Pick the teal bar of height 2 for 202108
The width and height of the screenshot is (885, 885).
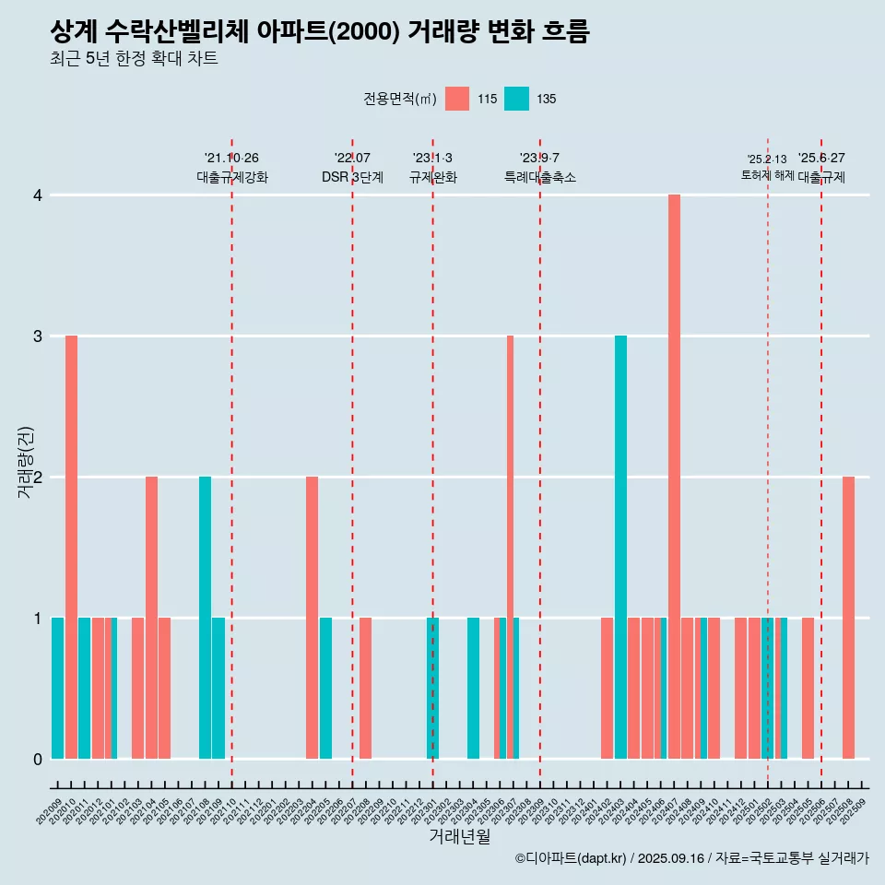[x=205, y=618]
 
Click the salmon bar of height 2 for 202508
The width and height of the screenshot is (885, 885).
[x=848, y=618]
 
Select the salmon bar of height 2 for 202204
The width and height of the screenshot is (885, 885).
[x=312, y=618]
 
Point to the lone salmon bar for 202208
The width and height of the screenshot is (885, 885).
[x=365, y=688]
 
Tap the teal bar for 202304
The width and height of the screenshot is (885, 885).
[x=473, y=688]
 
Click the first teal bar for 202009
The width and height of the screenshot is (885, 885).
[x=57, y=688]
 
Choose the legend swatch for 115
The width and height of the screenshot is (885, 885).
[x=456, y=99]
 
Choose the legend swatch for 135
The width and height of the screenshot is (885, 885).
[x=516, y=99]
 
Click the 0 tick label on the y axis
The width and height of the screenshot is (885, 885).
[x=37, y=760]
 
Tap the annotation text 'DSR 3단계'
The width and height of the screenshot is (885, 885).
[x=352, y=177]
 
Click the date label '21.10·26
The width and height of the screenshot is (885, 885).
[x=231, y=159]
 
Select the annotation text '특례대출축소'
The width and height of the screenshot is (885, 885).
[x=539, y=177]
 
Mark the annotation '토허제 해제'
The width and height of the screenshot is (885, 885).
[x=767, y=175]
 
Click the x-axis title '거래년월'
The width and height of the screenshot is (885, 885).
[x=459, y=836]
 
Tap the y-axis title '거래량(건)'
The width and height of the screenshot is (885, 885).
[x=25, y=461]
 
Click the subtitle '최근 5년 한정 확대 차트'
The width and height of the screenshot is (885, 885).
[x=134, y=60]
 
